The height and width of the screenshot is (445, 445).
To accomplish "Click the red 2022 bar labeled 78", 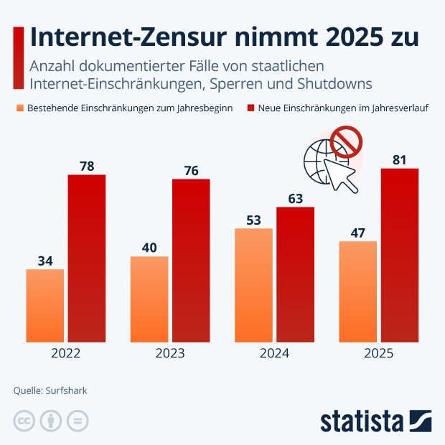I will pos(87,258).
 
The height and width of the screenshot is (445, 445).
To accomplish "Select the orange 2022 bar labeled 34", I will pos(44,306).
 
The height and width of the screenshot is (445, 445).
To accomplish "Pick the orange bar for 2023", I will pos(149,299).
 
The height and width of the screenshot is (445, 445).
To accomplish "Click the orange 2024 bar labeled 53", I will pos(253,285).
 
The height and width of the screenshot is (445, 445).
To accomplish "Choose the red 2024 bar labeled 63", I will pos(295,274).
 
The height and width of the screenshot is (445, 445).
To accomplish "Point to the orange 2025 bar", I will pos(357,291).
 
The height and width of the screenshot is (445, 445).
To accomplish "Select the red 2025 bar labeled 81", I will pos(399,255).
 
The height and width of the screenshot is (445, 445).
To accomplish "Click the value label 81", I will pos(399,159).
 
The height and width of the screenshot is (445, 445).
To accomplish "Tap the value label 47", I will pos(357,232).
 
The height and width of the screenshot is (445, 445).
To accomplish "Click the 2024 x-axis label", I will pos(274,354).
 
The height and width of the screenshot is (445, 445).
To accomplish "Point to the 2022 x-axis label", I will pos(66,354).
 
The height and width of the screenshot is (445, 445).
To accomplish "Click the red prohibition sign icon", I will pos(345,142).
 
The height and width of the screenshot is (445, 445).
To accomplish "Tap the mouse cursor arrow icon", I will pos(341,174).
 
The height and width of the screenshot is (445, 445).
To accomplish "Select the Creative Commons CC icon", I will pos(24,421).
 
